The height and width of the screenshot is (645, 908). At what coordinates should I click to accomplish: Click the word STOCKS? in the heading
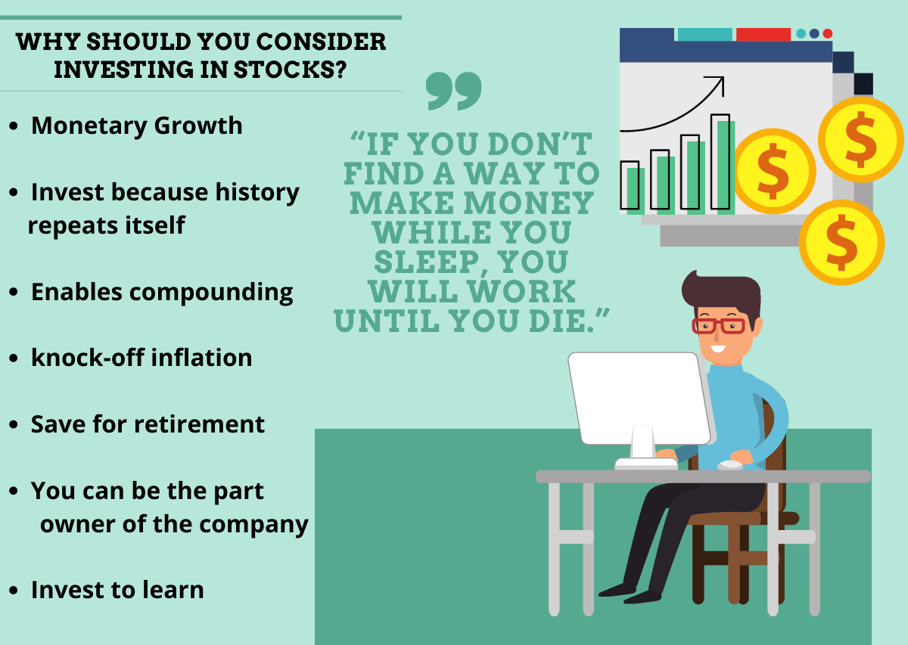tap(290, 70)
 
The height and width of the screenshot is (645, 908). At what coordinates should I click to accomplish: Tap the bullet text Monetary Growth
tap(137, 126)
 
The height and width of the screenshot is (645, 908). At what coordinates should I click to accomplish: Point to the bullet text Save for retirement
tap(148, 424)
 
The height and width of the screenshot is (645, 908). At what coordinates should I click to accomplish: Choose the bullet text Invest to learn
tap(117, 590)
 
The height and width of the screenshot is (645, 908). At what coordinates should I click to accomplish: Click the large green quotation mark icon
tap(453, 91)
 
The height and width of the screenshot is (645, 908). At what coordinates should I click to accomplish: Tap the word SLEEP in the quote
tap(427, 262)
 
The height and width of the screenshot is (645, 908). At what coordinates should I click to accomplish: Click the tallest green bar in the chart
tap(726, 167)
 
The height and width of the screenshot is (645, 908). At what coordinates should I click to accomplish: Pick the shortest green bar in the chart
tap(636, 191)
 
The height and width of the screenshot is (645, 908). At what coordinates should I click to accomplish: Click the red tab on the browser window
tap(763, 35)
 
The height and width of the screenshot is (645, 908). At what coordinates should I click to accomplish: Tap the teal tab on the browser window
tap(705, 35)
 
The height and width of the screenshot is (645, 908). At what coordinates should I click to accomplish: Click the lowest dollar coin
tap(841, 243)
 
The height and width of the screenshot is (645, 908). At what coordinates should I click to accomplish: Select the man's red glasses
tap(718, 326)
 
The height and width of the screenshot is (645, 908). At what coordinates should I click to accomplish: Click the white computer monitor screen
tap(639, 398)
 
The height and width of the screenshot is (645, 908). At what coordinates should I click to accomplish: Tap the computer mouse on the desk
tap(730, 465)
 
